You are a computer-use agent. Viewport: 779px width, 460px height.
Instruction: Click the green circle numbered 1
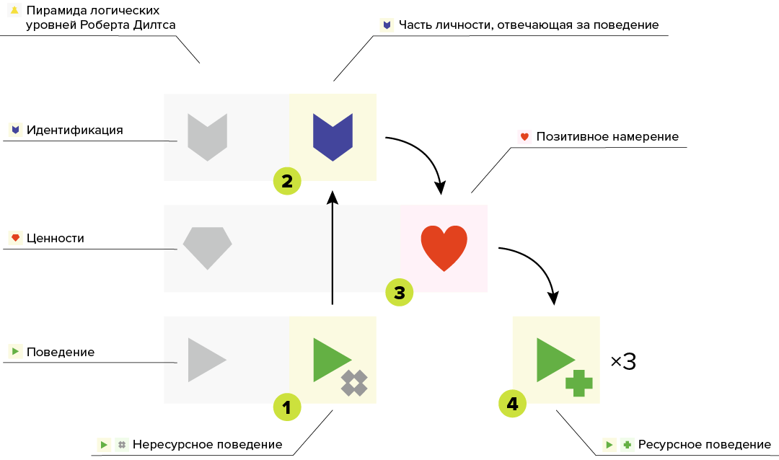click(286, 407)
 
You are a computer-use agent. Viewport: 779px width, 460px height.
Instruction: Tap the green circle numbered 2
click(286, 181)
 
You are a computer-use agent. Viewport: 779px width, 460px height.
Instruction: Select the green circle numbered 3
click(399, 292)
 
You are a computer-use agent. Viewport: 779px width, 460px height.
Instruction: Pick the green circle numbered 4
click(513, 404)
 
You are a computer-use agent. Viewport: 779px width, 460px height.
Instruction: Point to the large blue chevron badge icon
click(333, 136)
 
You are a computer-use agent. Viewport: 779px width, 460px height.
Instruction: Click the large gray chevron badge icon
click(207, 136)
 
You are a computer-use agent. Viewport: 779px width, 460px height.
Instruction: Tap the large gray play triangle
click(206, 359)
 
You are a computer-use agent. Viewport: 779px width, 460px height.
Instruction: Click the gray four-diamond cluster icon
click(354, 383)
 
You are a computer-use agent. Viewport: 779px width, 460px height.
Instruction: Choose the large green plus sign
click(579, 383)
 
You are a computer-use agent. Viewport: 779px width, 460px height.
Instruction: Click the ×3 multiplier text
click(623, 361)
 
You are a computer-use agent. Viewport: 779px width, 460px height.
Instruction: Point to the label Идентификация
click(74, 131)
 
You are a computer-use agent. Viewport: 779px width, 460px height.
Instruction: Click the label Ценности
click(56, 238)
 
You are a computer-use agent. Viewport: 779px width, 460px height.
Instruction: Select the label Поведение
click(61, 353)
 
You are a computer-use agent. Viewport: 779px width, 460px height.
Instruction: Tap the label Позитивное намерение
click(607, 136)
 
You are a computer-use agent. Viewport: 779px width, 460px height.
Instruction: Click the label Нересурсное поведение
click(207, 444)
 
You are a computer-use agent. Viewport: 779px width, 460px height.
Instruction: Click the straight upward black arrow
click(333, 249)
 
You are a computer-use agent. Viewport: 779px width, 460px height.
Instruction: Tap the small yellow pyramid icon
click(14, 12)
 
